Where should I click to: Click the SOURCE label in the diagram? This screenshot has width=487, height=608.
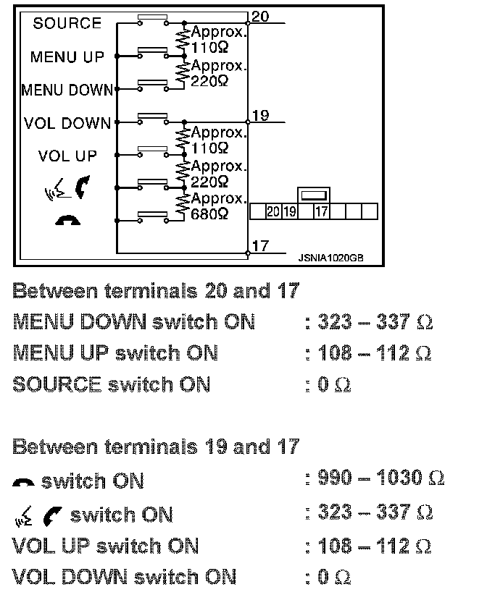coord(67,23)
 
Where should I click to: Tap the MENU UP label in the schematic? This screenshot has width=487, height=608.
coord(67,56)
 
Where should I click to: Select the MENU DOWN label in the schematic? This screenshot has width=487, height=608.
coord(67,90)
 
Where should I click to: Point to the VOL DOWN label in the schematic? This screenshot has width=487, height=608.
coord(67,123)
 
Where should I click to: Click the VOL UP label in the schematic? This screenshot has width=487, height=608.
coord(67,156)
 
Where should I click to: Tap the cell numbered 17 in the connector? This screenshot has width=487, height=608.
coord(321,211)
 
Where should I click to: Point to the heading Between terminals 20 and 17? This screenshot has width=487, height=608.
coord(155,291)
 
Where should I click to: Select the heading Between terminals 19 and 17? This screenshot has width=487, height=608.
coord(155,447)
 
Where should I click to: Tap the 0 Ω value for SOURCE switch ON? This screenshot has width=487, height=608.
coord(334,385)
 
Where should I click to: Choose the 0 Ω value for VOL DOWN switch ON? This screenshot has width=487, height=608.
coord(334,577)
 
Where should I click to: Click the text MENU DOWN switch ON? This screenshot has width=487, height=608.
coord(134,322)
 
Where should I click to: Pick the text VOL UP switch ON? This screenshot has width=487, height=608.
coord(106,546)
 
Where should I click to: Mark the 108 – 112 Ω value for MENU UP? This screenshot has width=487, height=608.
coord(375,353)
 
